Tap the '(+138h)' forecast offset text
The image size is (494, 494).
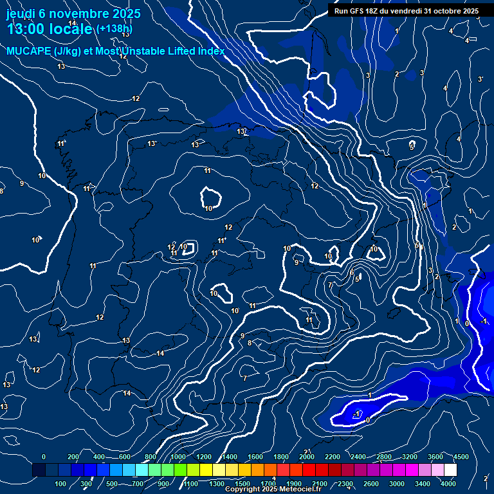tap(114, 29)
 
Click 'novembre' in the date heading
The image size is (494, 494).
tap(79, 13)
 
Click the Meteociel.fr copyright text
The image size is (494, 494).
tap(273, 489)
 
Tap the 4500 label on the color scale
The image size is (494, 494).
tap(461, 457)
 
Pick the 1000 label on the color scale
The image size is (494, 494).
tap(178, 457)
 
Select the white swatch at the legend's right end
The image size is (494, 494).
tap(450, 470)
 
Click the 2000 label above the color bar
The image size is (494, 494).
tap(306, 457)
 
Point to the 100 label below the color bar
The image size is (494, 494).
tap(60, 484)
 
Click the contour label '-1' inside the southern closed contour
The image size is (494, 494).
tap(358, 414)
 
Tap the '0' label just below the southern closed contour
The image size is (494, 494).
tap(367, 421)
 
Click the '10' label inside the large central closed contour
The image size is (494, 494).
tap(208, 208)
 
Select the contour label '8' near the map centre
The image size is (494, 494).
tap(250, 343)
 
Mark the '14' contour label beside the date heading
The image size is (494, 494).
tap(72, 23)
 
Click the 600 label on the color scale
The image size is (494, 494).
tap(124, 457)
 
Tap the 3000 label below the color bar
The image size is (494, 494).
tap(398, 484)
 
